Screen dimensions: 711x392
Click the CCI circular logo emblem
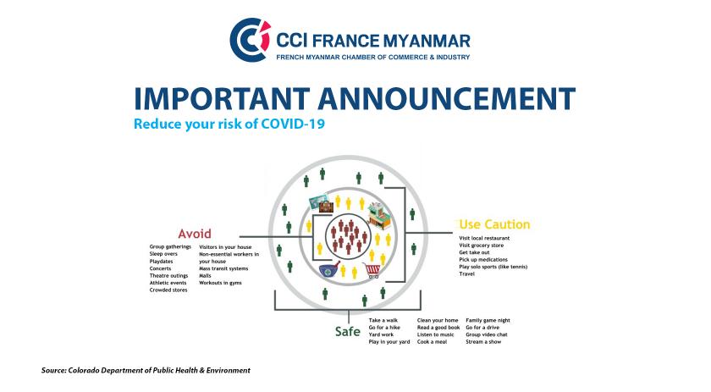250,40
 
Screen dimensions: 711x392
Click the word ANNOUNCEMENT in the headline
446,98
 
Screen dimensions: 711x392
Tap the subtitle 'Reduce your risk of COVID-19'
229,124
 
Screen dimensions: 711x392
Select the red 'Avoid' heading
195,234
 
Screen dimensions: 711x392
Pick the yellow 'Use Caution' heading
494,224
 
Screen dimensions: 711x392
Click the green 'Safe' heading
347,331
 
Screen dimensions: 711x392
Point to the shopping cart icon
372,270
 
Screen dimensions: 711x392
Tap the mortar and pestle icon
328,269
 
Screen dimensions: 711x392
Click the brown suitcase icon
326,207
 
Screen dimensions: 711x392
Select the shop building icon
379,214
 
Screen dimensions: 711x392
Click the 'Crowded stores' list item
168,290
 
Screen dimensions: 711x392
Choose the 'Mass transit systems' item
223,268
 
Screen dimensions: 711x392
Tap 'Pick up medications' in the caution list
483,260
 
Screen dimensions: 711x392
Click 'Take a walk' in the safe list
383,320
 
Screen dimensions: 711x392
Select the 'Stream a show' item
483,342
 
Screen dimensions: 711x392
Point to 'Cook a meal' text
432,342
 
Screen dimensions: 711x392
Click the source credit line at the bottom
146,370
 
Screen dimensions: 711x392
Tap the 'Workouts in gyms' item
220,283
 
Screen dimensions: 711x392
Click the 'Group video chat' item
487,334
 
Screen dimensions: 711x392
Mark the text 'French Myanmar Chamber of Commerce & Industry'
372,58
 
